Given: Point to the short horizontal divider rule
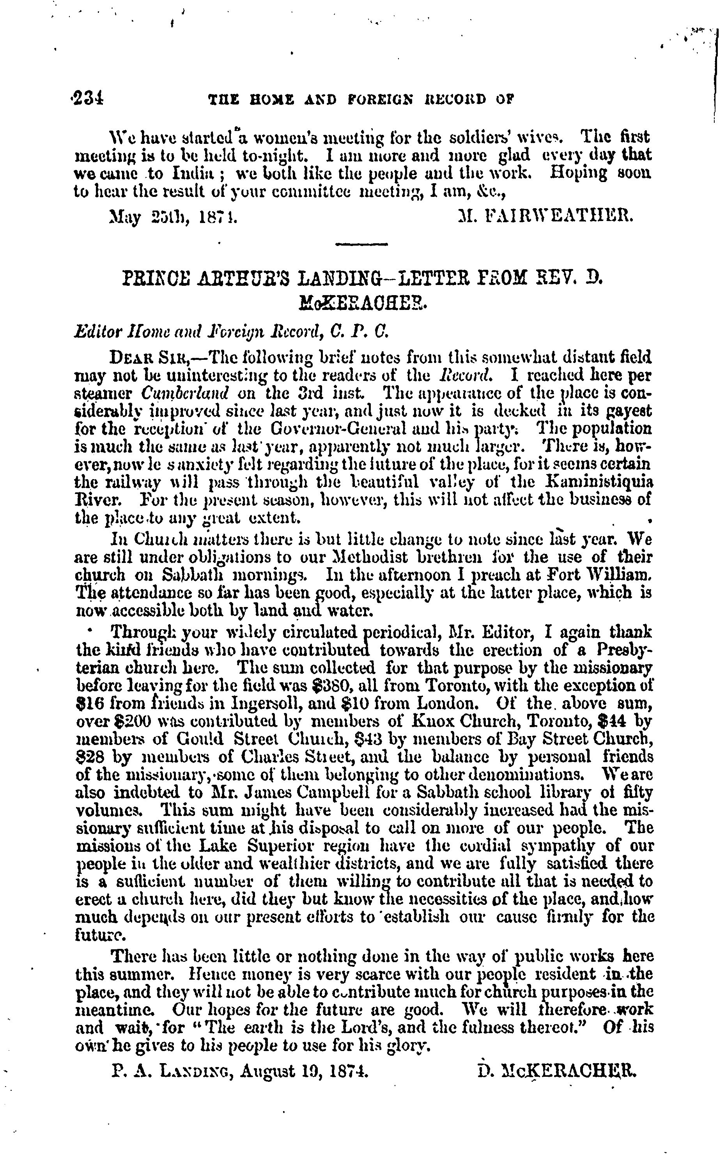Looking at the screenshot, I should (x=361, y=245).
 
